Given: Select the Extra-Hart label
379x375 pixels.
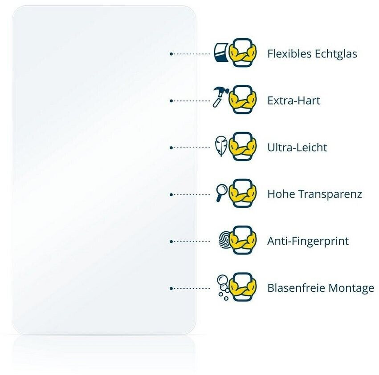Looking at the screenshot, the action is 293,101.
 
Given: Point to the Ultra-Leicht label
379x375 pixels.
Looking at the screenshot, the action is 297,147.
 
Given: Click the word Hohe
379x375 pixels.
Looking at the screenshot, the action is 280,194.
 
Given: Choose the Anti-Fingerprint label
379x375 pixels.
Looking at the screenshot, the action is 308,241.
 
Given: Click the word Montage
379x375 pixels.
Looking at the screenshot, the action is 351,288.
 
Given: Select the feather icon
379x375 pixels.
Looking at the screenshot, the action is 220,147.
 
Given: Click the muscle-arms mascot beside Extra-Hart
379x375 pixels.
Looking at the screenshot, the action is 243,101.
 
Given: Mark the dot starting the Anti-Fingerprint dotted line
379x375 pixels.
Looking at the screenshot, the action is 171,242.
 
